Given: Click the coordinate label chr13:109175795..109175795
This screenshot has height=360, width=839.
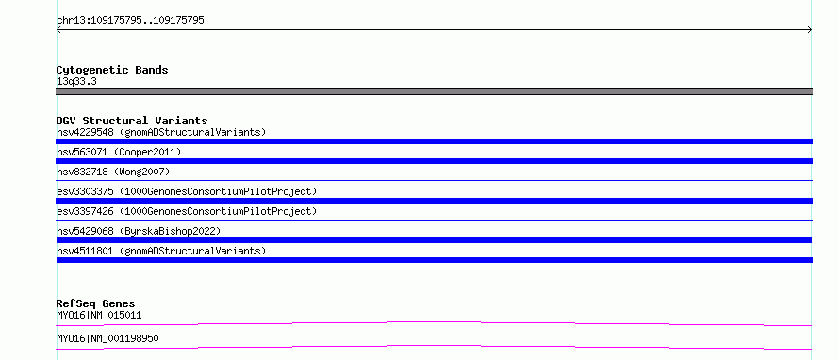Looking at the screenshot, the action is pyautogui.click(x=130, y=21).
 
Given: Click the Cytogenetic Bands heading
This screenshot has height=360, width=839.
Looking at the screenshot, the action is pyautogui.click(x=112, y=70).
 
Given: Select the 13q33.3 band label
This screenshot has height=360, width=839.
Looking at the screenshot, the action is pyautogui.click(x=76, y=82).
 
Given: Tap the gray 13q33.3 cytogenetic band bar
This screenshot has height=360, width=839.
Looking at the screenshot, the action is pyautogui.click(x=434, y=91).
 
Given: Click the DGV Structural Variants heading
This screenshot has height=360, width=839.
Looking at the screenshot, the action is pyautogui.click(x=132, y=121).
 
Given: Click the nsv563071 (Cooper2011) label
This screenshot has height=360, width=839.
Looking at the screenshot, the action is pyautogui.click(x=119, y=152).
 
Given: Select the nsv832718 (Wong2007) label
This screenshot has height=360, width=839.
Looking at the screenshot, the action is pyautogui.click(x=113, y=172).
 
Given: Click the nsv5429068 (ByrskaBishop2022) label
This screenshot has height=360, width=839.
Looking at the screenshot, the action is pyautogui.click(x=139, y=231).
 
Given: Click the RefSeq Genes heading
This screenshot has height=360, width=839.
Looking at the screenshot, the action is pyautogui.click(x=95, y=303).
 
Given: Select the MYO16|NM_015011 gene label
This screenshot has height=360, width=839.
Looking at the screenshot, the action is pyautogui.click(x=99, y=315).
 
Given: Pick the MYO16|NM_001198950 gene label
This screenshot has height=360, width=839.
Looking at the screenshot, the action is pyautogui.click(x=107, y=338).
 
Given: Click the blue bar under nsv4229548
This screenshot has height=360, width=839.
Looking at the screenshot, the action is pyautogui.click(x=434, y=141).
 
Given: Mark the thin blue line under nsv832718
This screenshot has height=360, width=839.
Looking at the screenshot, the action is pyautogui.click(x=434, y=181).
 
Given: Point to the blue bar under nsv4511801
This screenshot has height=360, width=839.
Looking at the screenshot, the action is pyautogui.click(x=434, y=260).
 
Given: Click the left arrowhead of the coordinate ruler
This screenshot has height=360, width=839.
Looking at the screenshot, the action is pyautogui.click(x=58, y=30).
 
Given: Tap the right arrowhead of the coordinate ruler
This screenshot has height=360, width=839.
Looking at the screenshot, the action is pyautogui.click(x=811, y=30).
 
